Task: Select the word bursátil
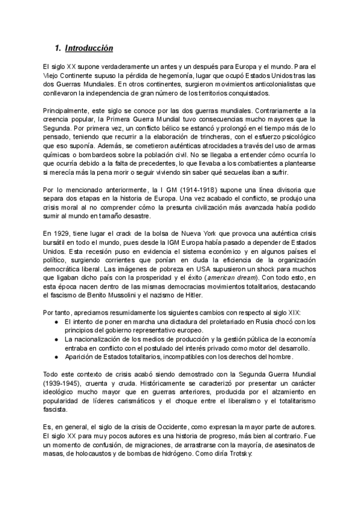[56, 242]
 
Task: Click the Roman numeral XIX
[298, 312]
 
